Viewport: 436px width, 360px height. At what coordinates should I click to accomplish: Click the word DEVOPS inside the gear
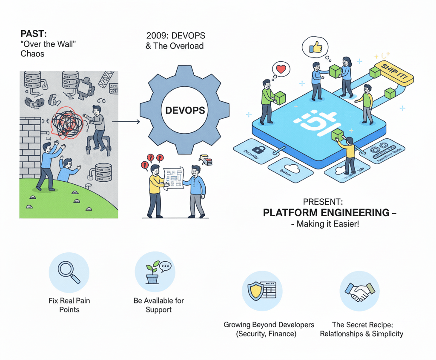(x=185, y=110)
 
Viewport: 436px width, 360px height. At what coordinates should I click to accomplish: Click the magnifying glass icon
(x=69, y=272)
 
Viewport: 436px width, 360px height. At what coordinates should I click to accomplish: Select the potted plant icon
(x=153, y=272)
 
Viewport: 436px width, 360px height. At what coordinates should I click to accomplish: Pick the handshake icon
(x=360, y=291)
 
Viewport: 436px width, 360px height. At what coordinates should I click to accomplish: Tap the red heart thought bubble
(x=280, y=69)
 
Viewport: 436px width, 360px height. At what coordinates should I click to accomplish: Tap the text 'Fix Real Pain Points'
(x=69, y=305)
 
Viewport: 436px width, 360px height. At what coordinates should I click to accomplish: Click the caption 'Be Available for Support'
(x=158, y=305)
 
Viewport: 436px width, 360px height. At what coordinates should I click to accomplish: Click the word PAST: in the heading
(x=33, y=33)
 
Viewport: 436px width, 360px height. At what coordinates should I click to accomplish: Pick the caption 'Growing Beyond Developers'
(x=269, y=325)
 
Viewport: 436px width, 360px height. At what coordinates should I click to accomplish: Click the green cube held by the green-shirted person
(x=280, y=98)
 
